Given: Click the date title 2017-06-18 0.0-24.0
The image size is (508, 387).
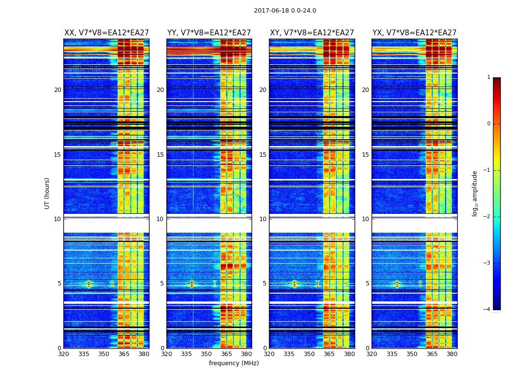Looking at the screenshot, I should [285, 11].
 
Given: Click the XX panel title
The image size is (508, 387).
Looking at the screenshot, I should [106, 33].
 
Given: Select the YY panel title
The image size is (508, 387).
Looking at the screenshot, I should [209, 33].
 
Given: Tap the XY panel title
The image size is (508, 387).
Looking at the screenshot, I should [312, 33].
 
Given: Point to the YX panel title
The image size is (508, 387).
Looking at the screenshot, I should [414, 33].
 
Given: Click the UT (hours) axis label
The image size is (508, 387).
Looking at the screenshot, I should [47, 193].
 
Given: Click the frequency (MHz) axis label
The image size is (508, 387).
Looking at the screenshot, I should [234, 363].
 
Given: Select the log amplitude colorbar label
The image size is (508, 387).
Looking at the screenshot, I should [475, 193].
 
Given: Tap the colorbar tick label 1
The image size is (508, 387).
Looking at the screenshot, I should [489, 77].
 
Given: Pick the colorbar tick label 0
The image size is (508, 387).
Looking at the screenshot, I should [489, 124].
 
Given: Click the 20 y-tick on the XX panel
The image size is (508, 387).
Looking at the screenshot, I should [58, 90].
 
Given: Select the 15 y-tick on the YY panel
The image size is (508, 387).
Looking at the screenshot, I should [160, 154].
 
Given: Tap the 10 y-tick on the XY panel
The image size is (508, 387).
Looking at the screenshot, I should [263, 219].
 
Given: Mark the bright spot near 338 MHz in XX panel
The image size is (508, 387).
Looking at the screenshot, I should [89, 283].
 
